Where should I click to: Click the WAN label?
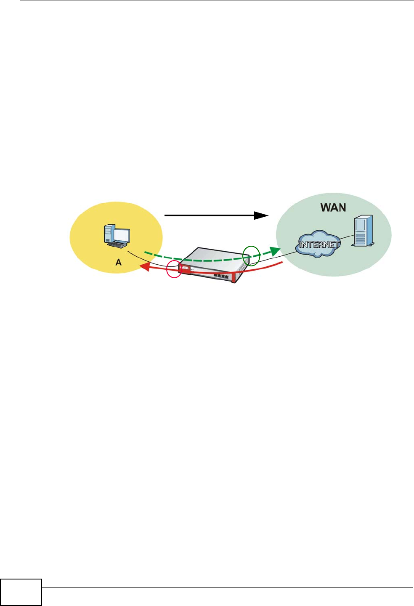pyautogui.click(x=333, y=207)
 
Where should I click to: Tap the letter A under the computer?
pyautogui.click(x=119, y=262)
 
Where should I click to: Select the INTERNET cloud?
pyautogui.click(x=319, y=244)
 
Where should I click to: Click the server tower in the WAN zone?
pyautogui.click(x=363, y=231)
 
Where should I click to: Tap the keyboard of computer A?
pyautogui.click(x=117, y=245)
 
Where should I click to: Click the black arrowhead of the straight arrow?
pyautogui.click(x=262, y=215)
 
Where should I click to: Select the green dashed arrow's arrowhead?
pyautogui.click(x=275, y=252)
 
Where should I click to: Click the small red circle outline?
pyautogui.click(x=174, y=269)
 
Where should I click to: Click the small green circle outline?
pyautogui.click(x=251, y=255)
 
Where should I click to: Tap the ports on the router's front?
pyautogui.click(x=220, y=276)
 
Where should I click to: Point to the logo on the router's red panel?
pyautogui.click(x=184, y=268)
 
